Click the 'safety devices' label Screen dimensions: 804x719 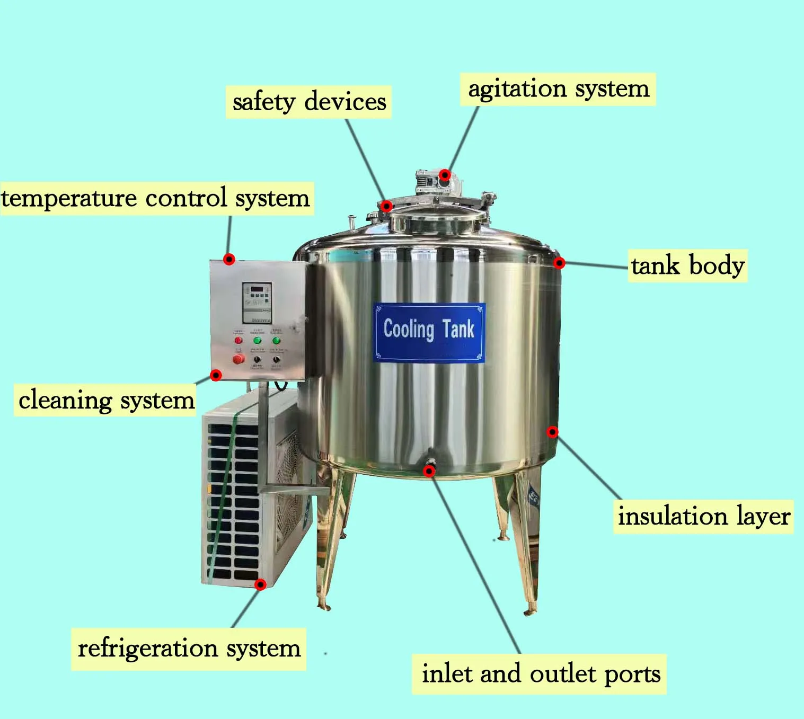[308, 102]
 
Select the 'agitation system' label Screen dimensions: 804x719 [558, 89]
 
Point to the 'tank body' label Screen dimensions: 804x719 [687, 265]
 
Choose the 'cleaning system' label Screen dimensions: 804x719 [106, 400]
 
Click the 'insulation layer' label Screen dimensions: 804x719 [703, 516]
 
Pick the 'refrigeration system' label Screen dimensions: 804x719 [189, 649]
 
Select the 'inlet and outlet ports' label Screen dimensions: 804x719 [541, 674]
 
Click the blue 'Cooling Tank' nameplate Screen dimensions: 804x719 [429, 332]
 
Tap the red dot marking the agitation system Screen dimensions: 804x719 [445, 175]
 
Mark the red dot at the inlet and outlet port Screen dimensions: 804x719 [429, 471]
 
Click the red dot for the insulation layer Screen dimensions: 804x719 [552, 432]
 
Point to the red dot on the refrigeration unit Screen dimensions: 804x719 [260, 584]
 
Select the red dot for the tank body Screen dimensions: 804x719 [559, 263]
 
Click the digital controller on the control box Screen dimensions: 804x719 [257, 302]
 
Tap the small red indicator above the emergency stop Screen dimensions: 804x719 [238, 340]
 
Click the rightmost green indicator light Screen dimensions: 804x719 [276, 340]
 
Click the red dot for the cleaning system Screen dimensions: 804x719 [216, 375]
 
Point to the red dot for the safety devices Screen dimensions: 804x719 [387, 206]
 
